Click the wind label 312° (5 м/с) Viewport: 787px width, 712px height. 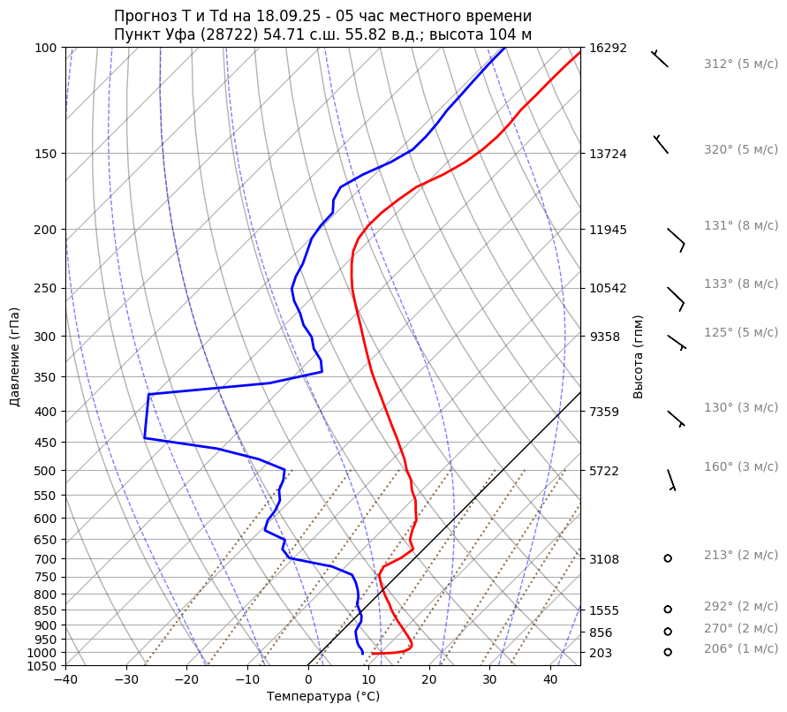coord(740,64)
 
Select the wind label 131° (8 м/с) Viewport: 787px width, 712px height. coord(740,225)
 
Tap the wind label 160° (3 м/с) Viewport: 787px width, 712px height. coord(740,466)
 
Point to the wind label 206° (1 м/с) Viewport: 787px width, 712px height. coord(740,648)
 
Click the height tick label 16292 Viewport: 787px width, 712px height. coord(608,48)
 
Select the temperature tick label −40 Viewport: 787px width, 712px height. coord(65,680)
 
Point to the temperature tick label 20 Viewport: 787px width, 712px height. coord(429,680)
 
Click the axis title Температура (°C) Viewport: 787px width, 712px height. coord(323,697)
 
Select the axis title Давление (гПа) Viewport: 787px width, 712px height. coord(15,357)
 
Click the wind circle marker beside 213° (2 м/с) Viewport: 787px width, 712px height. coord(668,558)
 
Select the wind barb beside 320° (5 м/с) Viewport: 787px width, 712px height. coord(661,144)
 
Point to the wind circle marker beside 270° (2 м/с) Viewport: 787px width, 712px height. coord(668,631)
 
